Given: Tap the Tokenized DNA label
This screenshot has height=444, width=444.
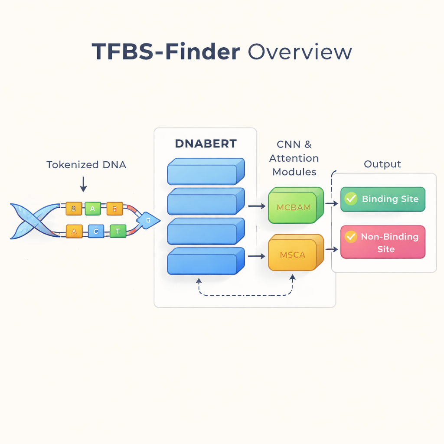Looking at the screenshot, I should click(x=86, y=165).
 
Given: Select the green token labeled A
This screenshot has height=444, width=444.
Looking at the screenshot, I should click(x=92, y=209).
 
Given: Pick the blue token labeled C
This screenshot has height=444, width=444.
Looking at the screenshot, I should click(x=96, y=232).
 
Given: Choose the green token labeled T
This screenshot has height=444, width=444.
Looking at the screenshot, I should click(x=118, y=232).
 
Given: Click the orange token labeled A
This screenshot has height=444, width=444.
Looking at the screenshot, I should click(x=74, y=232).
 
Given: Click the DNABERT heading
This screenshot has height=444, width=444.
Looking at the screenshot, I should click(x=206, y=144).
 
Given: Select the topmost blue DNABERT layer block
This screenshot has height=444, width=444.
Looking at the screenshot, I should click(x=206, y=172).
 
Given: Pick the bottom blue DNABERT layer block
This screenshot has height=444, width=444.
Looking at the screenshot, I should click(x=206, y=261).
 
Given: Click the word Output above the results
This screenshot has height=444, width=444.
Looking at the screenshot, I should click(x=382, y=164).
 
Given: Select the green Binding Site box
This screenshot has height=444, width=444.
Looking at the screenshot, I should click(x=383, y=199).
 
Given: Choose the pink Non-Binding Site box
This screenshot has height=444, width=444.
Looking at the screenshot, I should click(x=383, y=242).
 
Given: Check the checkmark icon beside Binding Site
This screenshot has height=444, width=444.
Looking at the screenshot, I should click(x=350, y=199).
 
